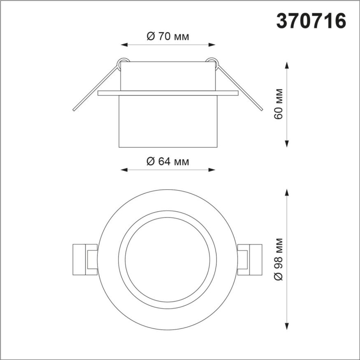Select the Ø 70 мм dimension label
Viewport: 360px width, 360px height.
pyautogui.click(x=168, y=37)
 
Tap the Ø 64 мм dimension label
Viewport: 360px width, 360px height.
pyautogui.click(x=168, y=161)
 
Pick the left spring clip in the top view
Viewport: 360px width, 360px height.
pyautogui.click(x=85, y=259)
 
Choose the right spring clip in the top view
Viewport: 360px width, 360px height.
pyautogui.click(x=250, y=259)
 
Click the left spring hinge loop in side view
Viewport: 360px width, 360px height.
pyautogui.click(x=122, y=63)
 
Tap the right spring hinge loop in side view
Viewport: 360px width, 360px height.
pyautogui.click(x=212, y=63)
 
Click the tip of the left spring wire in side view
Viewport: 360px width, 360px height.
pyautogui.click(x=74, y=110)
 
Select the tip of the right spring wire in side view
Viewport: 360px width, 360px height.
pyautogui.click(x=261, y=109)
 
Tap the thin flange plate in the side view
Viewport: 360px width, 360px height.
pyautogui.click(x=168, y=93)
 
